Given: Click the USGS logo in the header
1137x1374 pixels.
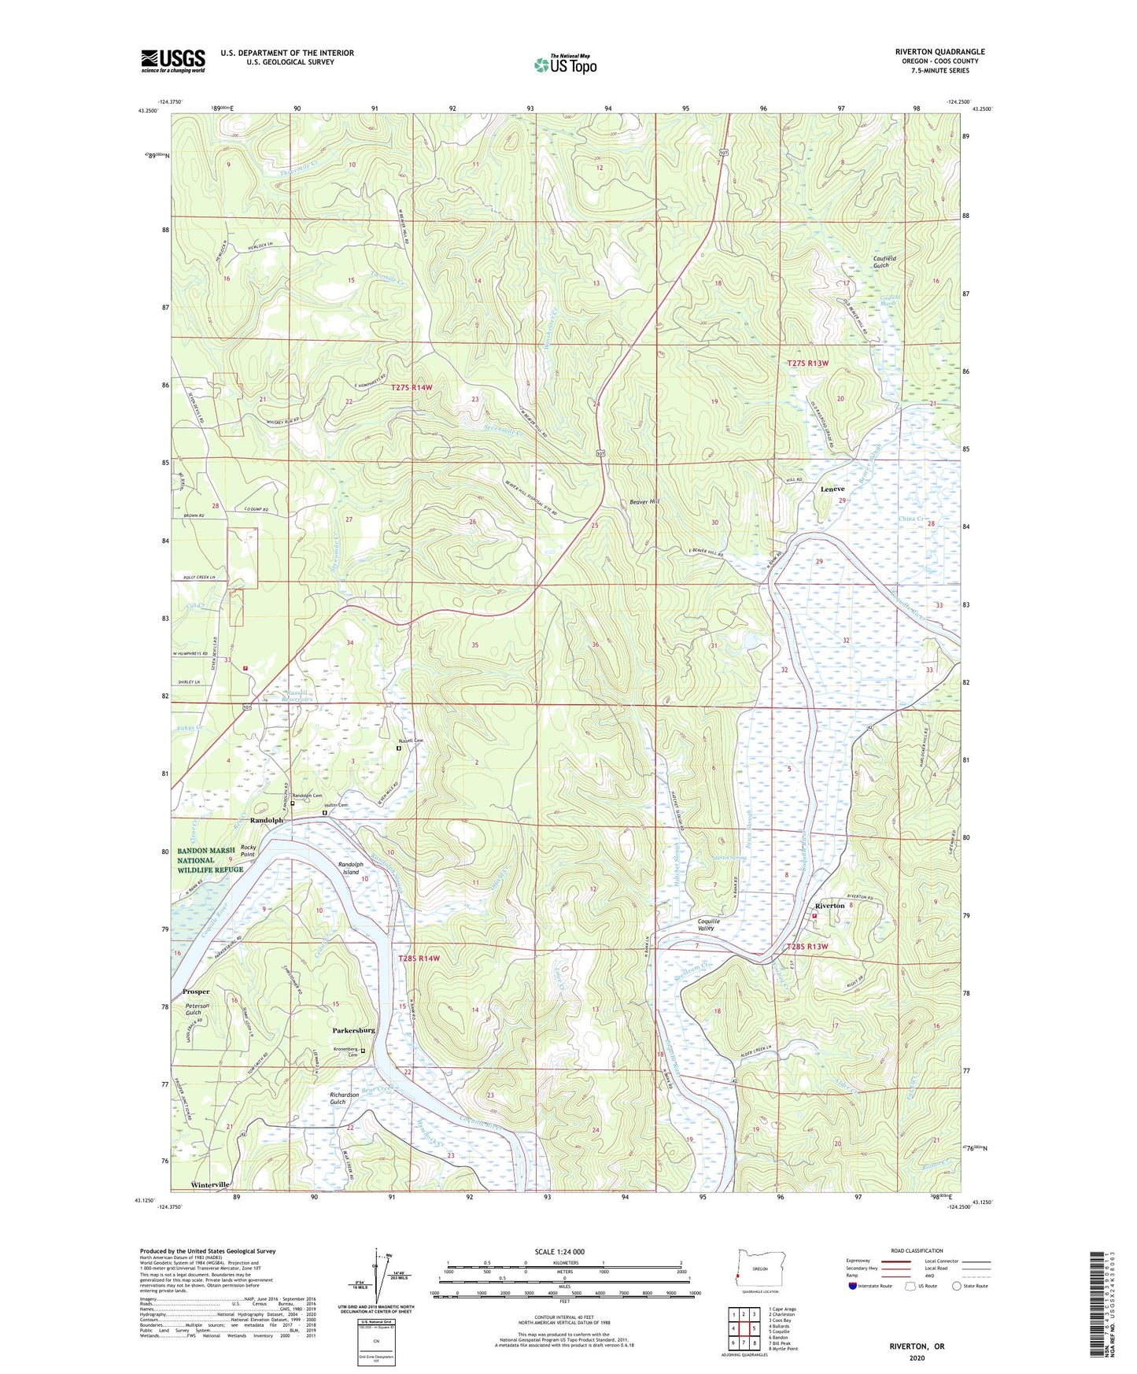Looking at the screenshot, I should click(173, 61).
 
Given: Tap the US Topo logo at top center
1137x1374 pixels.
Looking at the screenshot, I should click(564, 65).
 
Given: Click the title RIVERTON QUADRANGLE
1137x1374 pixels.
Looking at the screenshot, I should click(940, 52).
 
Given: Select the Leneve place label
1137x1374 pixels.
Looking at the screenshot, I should click(832, 489).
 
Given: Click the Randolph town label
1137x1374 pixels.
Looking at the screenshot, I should click(266, 820).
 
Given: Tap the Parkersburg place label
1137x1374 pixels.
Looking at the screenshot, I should click(353, 1030).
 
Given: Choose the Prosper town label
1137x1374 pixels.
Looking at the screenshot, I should click(196, 992).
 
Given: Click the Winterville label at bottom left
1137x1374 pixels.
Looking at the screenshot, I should click(210, 1184).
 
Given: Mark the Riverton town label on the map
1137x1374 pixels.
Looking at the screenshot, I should click(830, 906).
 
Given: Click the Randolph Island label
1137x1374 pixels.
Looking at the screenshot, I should click(349, 868).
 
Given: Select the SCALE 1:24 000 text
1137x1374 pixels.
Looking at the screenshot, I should click(559, 1251).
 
